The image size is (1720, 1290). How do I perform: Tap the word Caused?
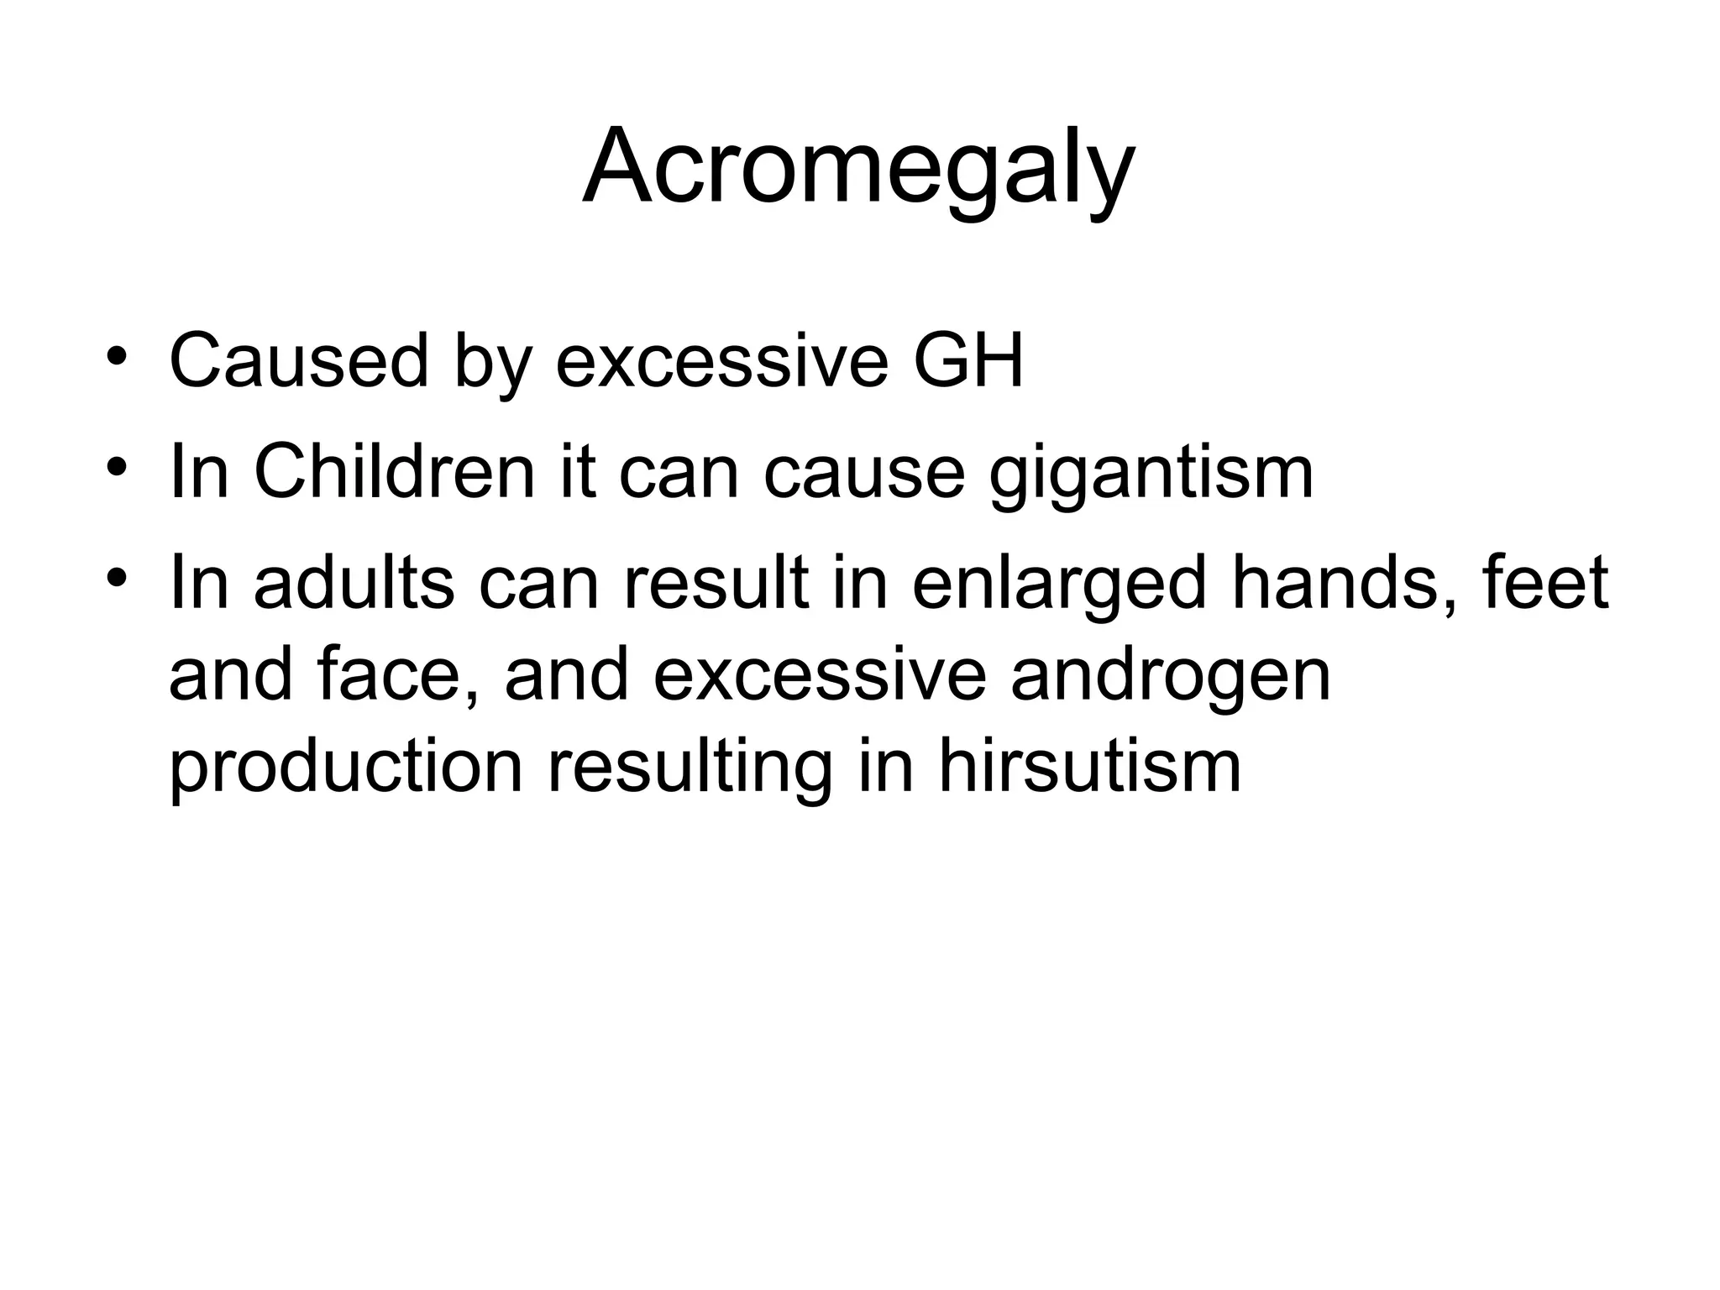[x=299, y=361]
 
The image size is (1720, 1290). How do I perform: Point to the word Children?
[x=394, y=472]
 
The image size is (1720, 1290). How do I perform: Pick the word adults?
[x=354, y=583]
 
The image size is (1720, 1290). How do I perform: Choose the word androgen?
[x=1171, y=677]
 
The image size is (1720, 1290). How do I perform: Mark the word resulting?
[x=690, y=769]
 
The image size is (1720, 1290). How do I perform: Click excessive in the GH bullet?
[x=721, y=361]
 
